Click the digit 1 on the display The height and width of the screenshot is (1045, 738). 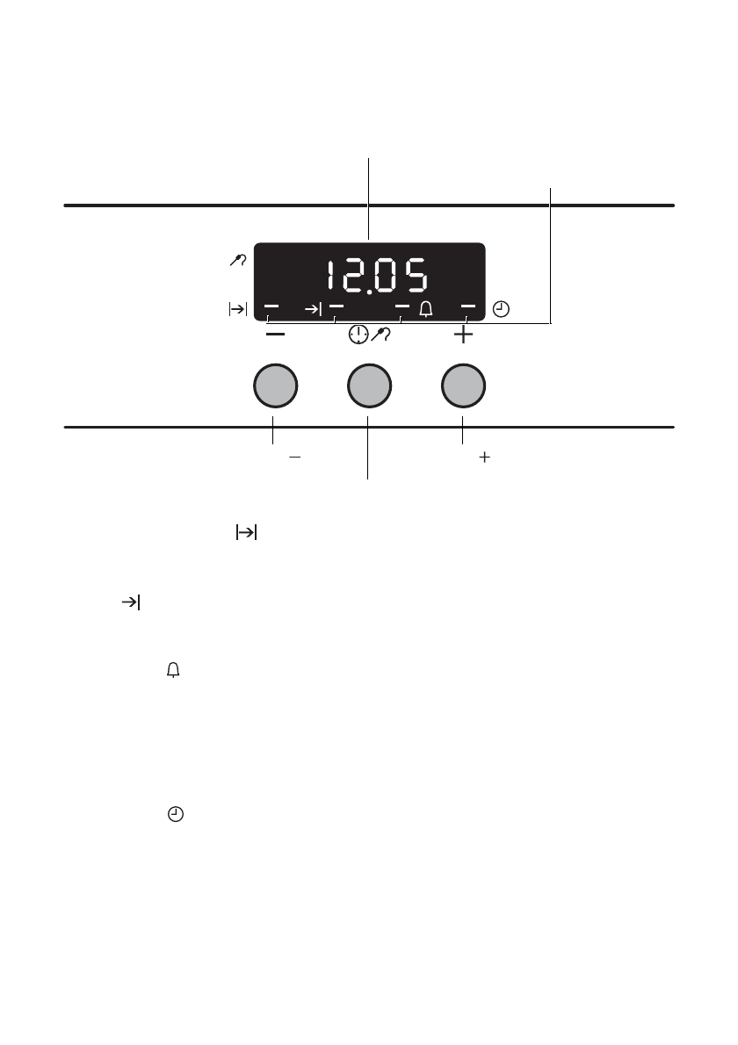(330, 275)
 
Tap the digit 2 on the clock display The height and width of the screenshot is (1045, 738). (352, 275)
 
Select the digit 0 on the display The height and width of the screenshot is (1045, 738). (385, 275)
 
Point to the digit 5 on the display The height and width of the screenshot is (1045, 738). (416, 275)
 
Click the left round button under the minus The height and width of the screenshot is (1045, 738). (275, 386)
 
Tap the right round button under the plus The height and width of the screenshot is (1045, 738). (463, 386)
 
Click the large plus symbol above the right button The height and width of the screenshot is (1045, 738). (463, 334)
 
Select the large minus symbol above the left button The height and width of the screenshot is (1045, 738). (275, 334)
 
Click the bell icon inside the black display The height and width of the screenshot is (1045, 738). (426, 309)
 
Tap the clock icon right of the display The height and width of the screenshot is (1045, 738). (501, 309)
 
